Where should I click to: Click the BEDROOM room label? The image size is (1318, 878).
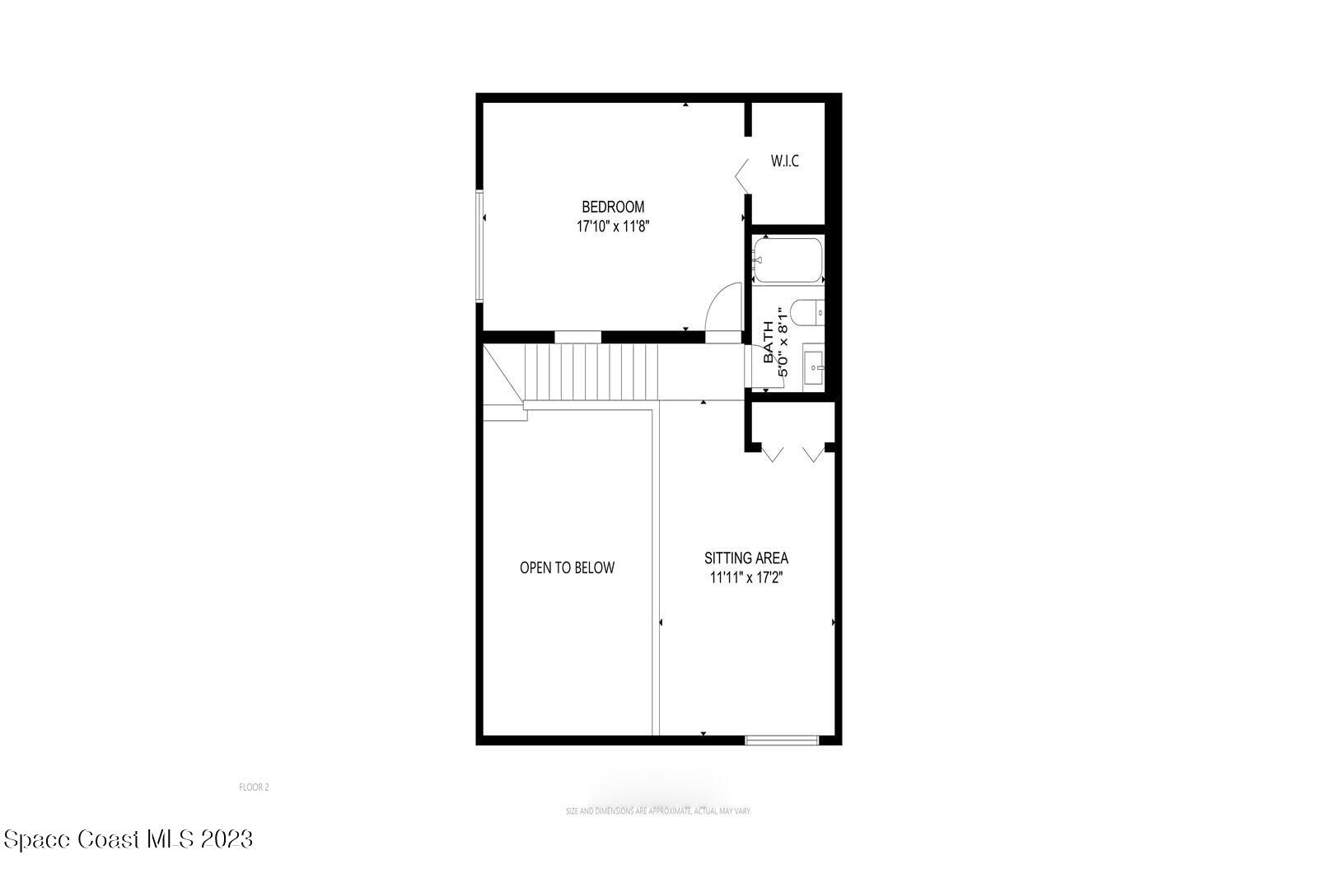click(613, 207)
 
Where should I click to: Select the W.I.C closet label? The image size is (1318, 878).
click(784, 161)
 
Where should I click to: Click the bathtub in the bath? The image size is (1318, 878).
click(788, 259)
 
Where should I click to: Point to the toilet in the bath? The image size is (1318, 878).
click(806, 313)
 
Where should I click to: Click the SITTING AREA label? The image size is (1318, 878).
click(745, 558)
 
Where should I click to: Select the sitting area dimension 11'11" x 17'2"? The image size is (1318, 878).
click(745, 577)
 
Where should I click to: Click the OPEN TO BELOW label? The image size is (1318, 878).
click(567, 567)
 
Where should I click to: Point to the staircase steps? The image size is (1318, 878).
click(591, 372)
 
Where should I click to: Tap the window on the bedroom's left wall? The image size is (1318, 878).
click(479, 246)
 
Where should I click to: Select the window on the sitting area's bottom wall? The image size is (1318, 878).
click(782, 740)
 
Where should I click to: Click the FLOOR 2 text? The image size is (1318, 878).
click(254, 787)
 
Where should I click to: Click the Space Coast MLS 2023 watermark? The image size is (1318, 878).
click(128, 839)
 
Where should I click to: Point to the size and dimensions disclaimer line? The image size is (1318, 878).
click(658, 811)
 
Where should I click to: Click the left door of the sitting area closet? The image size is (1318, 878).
click(773, 453)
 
